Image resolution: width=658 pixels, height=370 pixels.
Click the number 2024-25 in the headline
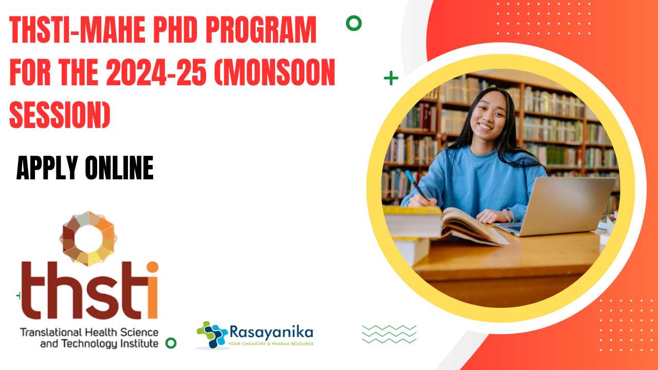point(156,72)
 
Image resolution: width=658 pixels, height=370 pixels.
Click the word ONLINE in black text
point(119,168)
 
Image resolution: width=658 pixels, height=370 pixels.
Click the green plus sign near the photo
point(391,78)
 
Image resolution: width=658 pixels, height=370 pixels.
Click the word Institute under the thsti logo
point(138,344)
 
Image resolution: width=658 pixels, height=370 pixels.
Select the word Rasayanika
point(271,332)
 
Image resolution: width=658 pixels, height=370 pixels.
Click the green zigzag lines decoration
point(389,334)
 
